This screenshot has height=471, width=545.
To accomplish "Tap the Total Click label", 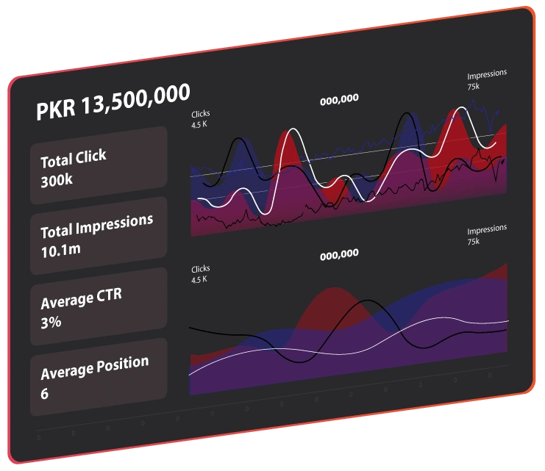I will click(x=73, y=158).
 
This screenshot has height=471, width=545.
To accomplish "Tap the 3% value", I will click(x=51, y=322).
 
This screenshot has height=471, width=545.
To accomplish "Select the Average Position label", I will click(x=94, y=366).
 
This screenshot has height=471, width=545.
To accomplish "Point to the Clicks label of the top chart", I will click(x=200, y=115).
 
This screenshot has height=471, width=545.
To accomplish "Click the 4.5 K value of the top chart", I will click(x=199, y=125).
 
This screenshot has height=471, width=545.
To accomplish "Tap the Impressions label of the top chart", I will click(x=487, y=75).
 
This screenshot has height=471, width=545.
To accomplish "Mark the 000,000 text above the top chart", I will click(x=339, y=98).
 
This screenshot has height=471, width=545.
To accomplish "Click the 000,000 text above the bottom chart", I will click(x=339, y=254).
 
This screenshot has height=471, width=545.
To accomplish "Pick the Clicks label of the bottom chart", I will click(x=200, y=269).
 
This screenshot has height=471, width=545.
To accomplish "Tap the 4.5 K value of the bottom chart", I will click(x=199, y=280).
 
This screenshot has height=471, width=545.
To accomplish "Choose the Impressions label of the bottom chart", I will click(x=487, y=229).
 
